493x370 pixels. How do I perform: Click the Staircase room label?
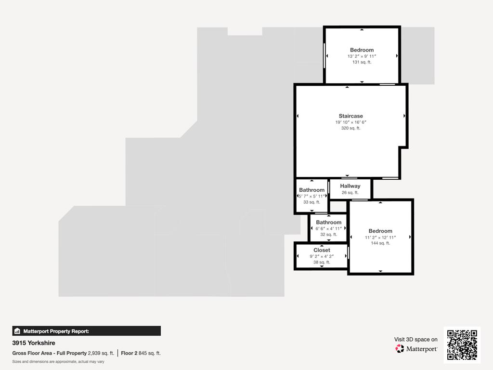click(350, 116)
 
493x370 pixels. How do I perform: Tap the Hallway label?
click(350, 186)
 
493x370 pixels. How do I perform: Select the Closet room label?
click(322, 250)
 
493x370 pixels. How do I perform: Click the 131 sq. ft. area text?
click(362, 62)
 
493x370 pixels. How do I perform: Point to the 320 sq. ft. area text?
click(350, 128)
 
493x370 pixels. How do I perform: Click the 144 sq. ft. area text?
click(380, 243)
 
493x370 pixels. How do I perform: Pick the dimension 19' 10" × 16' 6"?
click(350, 122)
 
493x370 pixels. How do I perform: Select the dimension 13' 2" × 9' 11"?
click(362, 56)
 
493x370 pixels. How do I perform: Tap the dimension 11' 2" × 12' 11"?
click(380, 238)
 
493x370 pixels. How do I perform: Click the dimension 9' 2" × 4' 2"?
click(322, 256)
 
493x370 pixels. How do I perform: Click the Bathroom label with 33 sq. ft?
click(311, 190)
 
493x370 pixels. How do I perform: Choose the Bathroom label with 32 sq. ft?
click(329, 222)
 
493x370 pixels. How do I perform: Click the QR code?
click(462, 345)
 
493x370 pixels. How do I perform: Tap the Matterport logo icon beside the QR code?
click(400, 348)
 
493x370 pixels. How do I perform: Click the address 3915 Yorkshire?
click(34, 343)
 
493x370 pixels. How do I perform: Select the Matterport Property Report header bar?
click(87, 331)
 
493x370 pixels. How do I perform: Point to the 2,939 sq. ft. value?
click(101, 353)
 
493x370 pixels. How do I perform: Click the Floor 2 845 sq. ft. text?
click(141, 353)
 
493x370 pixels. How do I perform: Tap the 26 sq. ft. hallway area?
click(350, 193)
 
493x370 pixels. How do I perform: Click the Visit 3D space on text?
click(415, 339)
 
